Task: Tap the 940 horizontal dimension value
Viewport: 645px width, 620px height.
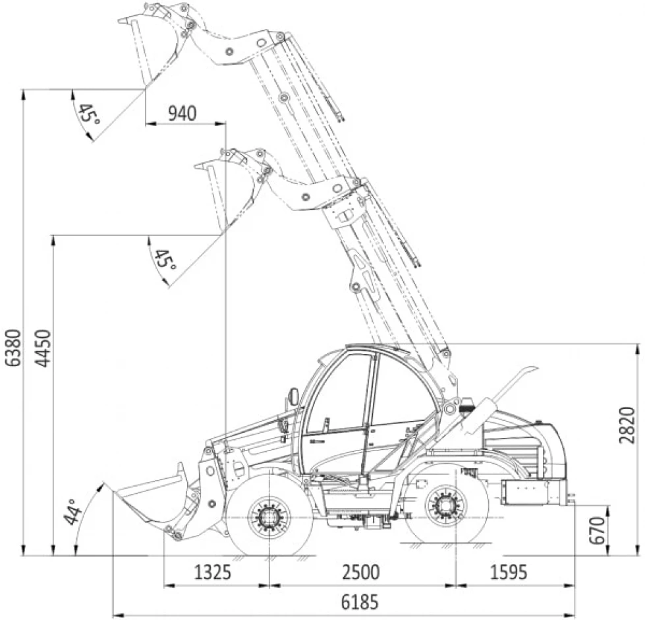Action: (181, 113)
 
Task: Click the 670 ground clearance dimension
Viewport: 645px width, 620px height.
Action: (597, 530)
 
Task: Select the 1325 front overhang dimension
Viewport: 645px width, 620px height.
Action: (212, 572)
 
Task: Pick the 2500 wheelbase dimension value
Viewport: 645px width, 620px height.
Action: (360, 572)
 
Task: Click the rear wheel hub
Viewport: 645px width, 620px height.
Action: (446, 506)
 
